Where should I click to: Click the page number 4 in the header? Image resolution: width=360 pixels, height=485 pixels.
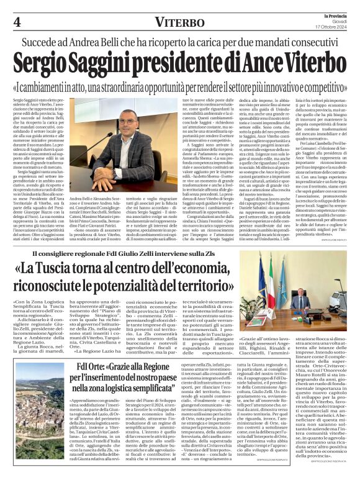(x=16, y=22)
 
